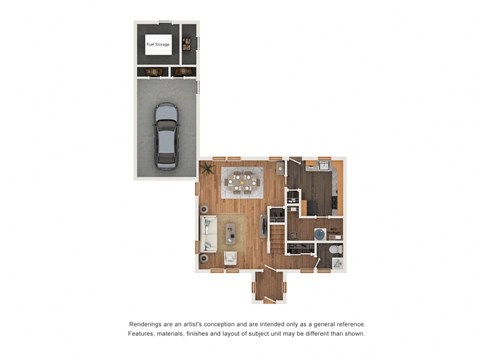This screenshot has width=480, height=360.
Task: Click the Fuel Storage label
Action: [x=157, y=44]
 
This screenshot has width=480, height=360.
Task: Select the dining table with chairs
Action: [x=243, y=182]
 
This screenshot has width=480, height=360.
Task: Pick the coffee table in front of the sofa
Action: [x=231, y=234]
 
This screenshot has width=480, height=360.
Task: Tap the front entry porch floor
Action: [x=268, y=287]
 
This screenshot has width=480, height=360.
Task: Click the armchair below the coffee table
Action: [x=231, y=259]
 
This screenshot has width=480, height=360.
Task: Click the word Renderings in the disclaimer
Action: [x=148, y=325]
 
